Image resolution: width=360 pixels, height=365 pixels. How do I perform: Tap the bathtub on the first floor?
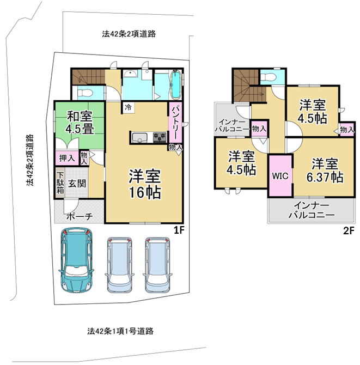click(176, 84)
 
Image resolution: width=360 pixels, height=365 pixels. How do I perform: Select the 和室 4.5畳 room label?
click(80, 123)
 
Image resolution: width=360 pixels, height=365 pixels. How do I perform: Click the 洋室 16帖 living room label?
click(145, 184)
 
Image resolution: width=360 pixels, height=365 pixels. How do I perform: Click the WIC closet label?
click(280, 176)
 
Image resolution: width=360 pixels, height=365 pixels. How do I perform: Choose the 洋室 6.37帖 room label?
click(325, 171)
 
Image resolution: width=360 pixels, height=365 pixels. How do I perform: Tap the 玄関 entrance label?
click(77, 184)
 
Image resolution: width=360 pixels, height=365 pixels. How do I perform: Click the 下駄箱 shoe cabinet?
click(60, 183)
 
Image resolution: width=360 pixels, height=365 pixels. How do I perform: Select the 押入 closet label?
click(67, 159)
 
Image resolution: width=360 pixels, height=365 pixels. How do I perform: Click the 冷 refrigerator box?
click(128, 107)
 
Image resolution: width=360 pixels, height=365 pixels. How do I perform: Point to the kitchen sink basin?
click(139, 137)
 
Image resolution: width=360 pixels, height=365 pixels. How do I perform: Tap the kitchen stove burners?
click(160, 137)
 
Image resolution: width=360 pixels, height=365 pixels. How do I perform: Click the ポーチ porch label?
click(80, 217)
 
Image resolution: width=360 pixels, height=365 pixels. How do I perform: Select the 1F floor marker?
click(179, 230)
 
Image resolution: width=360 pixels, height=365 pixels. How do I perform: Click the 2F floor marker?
click(349, 230)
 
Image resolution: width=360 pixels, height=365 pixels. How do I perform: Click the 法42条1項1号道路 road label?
click(120, 331)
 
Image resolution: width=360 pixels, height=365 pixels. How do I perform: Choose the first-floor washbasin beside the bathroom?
click(130, 74)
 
